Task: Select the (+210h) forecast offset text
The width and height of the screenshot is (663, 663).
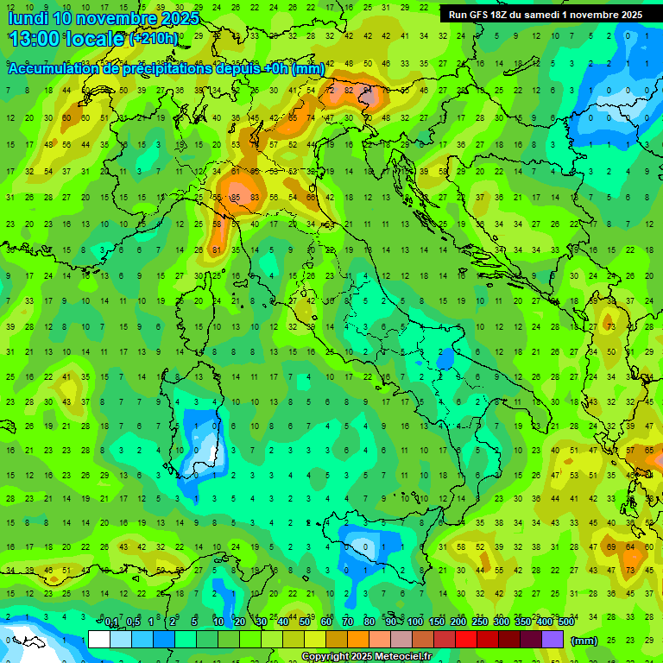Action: pyautogui.click(x=154, y=39)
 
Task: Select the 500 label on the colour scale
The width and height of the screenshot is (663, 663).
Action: pyautogui.click(x=566, y=622)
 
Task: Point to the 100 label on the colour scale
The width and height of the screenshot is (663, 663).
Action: pyautogui.click(x=415, y=622)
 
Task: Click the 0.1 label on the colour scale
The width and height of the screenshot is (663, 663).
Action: pyautogui.click(x=112, y=622)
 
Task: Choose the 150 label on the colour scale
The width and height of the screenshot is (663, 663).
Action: pyautogui.click(x=437, y=622)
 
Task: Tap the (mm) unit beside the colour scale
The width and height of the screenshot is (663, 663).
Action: pyautogui.click(x=585, y=641)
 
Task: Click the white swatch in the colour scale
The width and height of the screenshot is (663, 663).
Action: pyautogui.click(x=99, y=639)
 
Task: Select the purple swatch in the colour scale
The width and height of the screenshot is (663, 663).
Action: pyautogui.click(x=552, y=639)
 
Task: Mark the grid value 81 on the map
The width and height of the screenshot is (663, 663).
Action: pyautogui.click(x=218, y=250)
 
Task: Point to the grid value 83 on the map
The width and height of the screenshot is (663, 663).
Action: pyautogui.click(x=256, y=198)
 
